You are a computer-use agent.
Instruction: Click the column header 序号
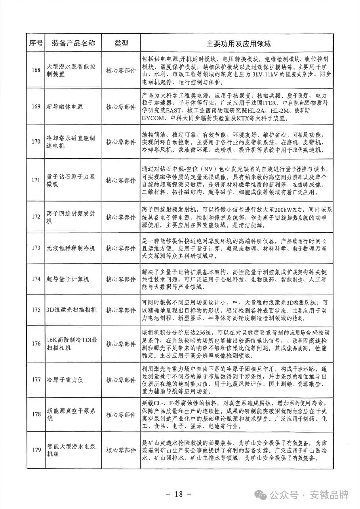coord(36,43)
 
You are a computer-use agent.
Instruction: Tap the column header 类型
coord(121,43)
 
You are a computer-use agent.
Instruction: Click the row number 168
coord(36,70)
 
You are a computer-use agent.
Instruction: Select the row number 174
coord(36,279)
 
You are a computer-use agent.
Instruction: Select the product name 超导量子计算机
coord(68,279)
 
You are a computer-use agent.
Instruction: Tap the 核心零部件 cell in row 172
coord(121,217)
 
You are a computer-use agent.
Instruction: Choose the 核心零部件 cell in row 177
coord(121,380)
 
